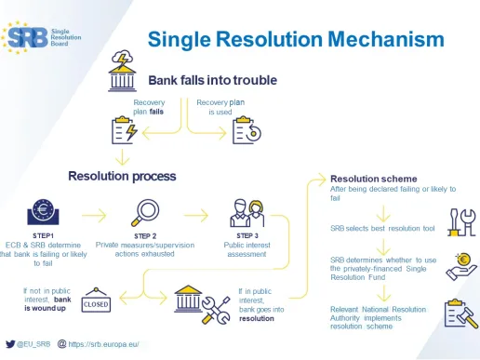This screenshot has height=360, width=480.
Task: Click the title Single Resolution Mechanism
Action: [x=295, y=39]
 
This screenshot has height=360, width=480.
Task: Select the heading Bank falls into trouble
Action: [x=213, y=80]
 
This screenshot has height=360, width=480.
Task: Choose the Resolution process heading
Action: [x=122, y=175]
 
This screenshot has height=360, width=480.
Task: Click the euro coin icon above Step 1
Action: [x=41, y=212]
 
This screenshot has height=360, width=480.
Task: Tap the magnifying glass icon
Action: [x=146, y=212]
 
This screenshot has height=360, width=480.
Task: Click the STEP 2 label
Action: [x=146, y=236]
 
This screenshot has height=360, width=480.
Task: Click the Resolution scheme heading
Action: [x=374, y=178]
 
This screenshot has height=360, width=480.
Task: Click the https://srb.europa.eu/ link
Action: [x=103, y=344]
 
